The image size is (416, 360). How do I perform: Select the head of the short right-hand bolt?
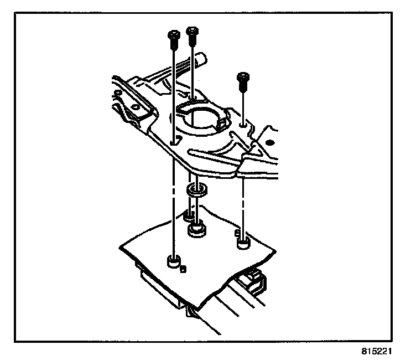[242, 78]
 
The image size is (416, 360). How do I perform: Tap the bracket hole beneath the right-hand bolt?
[243, 126]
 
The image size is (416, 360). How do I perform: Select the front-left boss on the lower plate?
[174, 261]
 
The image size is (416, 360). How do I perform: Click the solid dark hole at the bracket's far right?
[271, 142]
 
